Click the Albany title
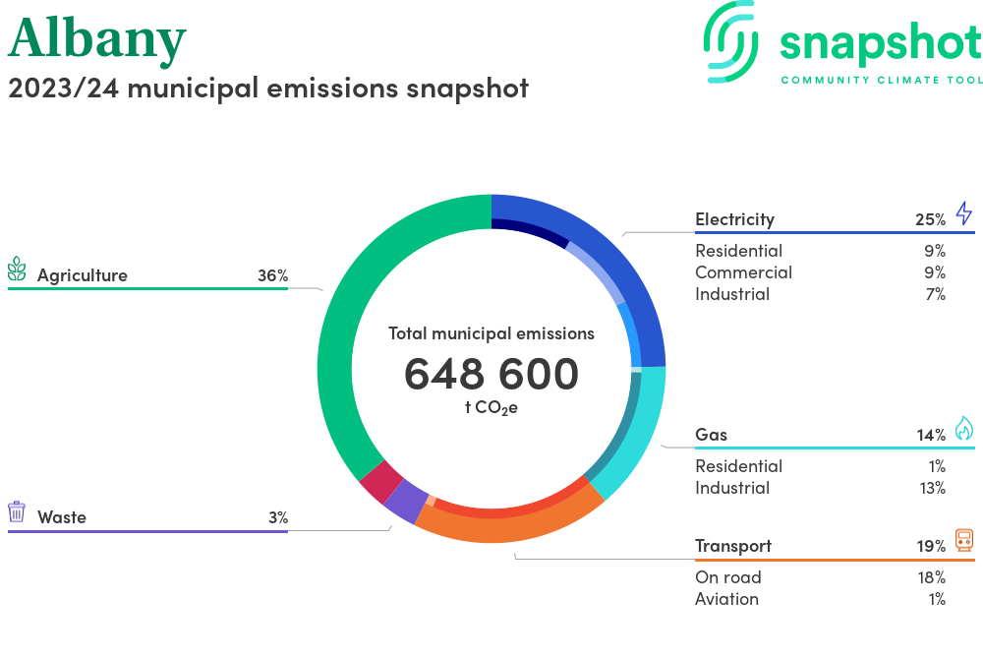point(96,38)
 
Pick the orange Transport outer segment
point(511,525)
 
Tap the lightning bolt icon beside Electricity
point(963,213)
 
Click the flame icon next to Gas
point(963,429)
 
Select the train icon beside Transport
point(963,540)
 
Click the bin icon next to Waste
point(17,511)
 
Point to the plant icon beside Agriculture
point(17,270)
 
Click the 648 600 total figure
point(491,374)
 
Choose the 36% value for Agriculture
point(272,276)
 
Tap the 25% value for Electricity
point(930,219)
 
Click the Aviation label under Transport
point(726,599)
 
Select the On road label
point(727,577)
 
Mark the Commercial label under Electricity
point(743,272)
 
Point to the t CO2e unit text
point(491,407)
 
